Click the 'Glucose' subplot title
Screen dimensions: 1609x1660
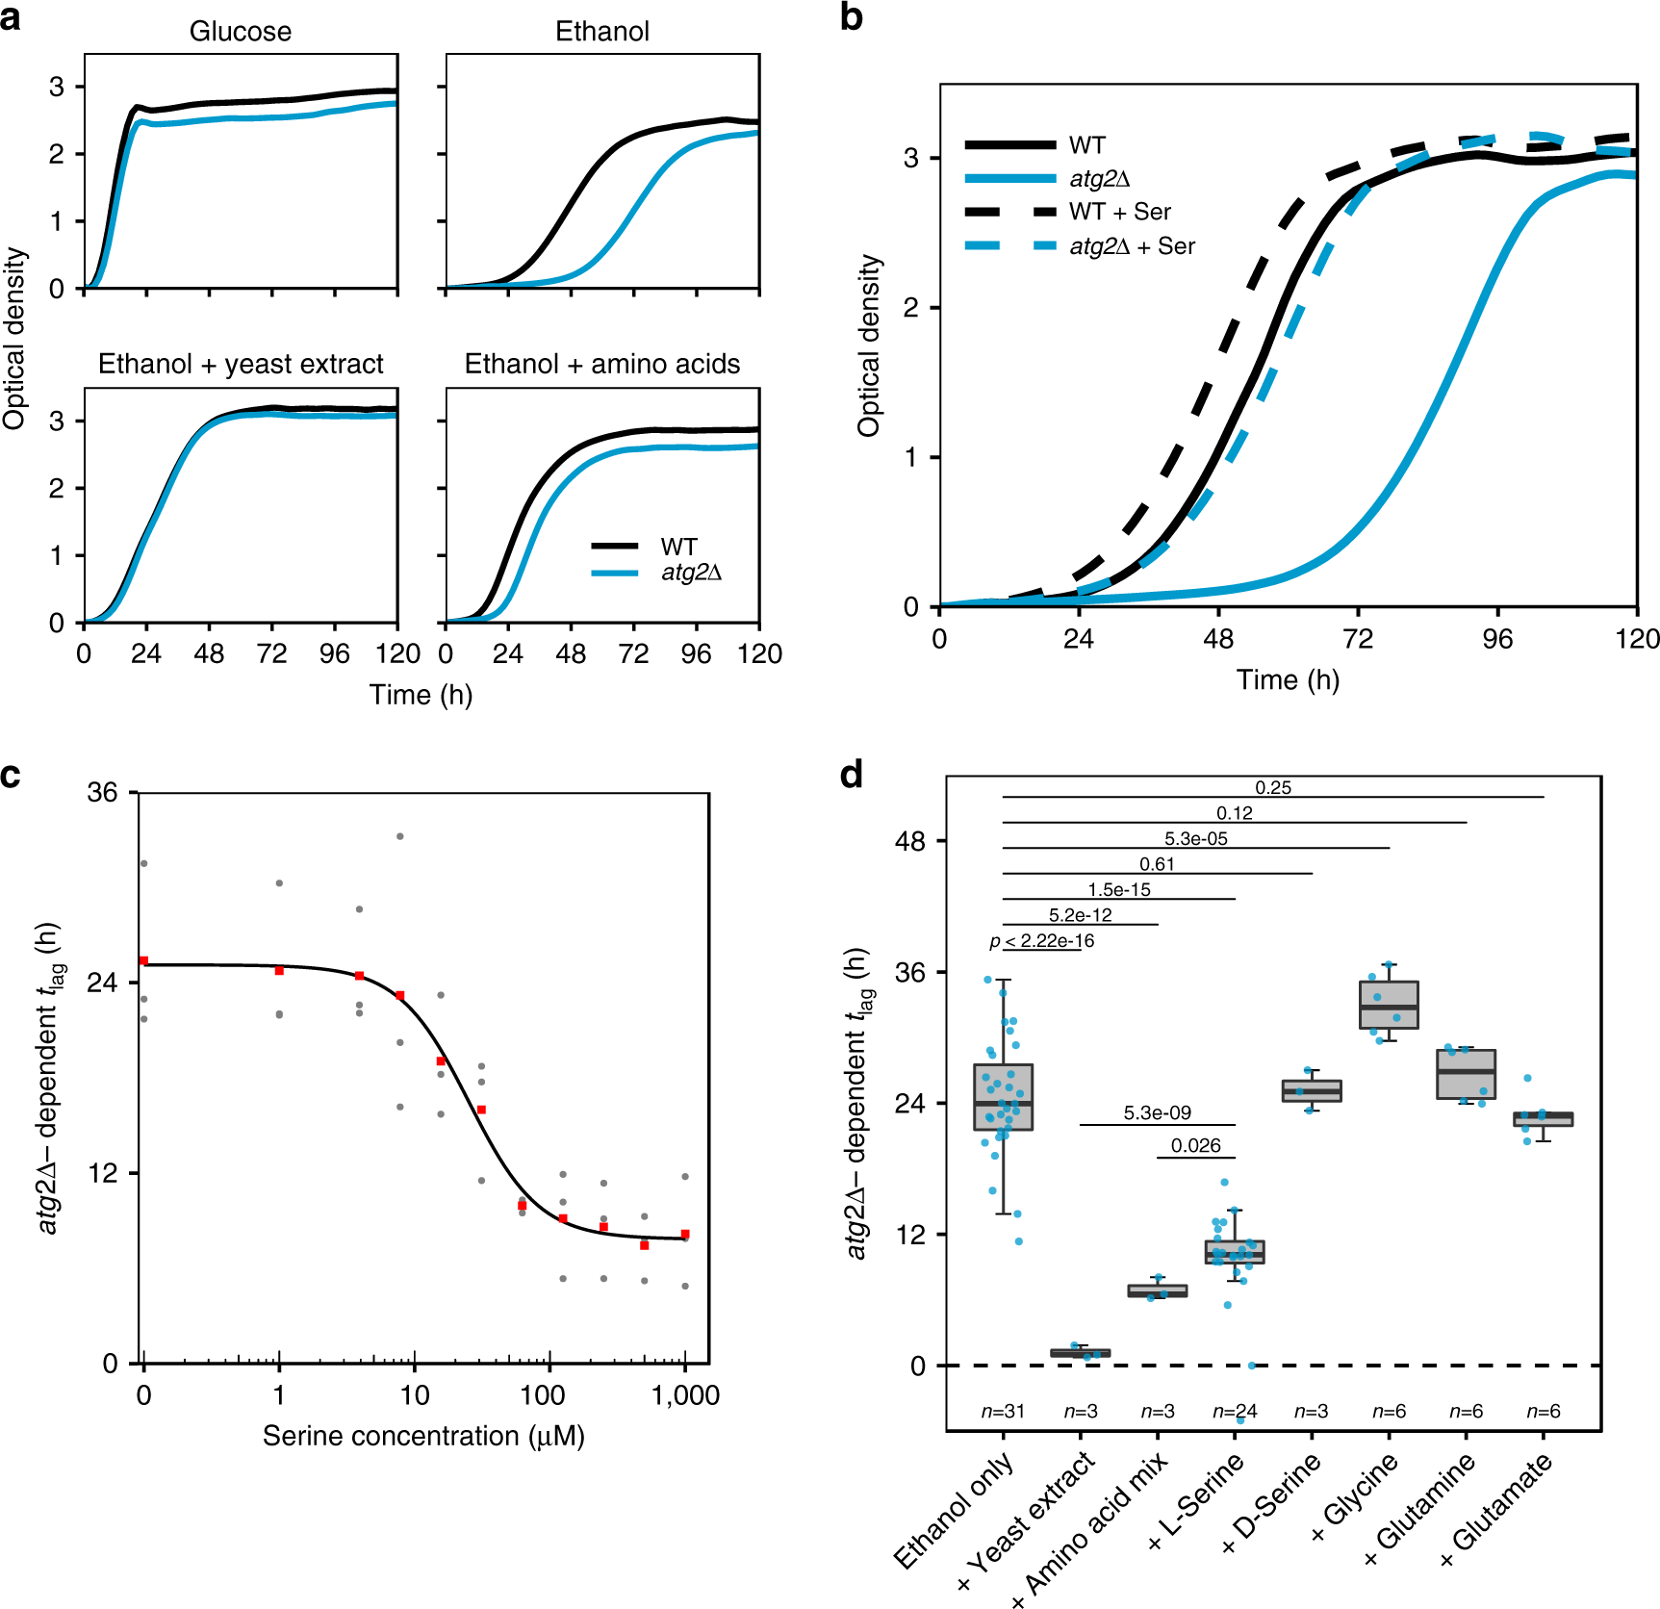[240, 32]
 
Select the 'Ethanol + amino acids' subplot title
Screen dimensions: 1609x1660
[602, 364]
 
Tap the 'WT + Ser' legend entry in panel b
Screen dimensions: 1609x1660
[1119, 212]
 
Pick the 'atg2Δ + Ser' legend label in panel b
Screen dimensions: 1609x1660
[1132, 246]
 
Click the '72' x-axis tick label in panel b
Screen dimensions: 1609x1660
[1357, 639]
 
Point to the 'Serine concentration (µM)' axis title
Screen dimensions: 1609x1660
[423, 1436]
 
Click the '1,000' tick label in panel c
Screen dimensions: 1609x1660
[685, 1395]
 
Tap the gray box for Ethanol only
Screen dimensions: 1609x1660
[1003, 1097]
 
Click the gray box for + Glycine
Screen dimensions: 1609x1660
[1389, 1005]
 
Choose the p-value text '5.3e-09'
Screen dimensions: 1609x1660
[1157, 1113]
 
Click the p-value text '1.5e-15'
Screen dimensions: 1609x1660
[1119, 890]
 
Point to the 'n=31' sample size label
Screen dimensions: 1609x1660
[1003, 1412]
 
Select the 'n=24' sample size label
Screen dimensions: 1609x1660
[1235, 1412]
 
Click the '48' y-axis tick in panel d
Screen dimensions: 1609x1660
[909, 842]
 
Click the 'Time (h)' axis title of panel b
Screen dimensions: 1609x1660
[1288, 680]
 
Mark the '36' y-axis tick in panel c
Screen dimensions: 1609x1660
[102, 793]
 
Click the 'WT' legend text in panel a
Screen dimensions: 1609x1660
[678, 547]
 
